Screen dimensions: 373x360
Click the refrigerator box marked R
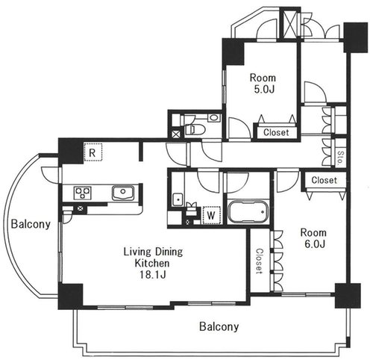93,152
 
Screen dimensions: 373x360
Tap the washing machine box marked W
211,215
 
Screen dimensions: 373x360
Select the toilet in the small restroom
194,129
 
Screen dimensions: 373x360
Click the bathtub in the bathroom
248,211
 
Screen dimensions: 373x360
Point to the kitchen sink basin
123,193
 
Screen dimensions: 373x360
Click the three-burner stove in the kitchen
83,193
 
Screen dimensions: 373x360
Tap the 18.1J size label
152,274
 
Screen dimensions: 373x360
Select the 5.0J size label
263,89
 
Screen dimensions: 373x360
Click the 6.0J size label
315,244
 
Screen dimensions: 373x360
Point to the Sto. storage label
340,158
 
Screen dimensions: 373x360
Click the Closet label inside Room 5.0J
276,132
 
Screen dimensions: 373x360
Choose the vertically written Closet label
260,261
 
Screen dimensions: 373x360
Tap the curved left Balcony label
31,224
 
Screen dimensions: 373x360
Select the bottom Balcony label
219,326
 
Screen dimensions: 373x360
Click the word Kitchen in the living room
152,263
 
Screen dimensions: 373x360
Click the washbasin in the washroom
178,199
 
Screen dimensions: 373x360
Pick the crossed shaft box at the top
290,25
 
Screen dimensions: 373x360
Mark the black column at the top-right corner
356,37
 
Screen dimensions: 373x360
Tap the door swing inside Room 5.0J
239,128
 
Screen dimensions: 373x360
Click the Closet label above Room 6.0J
324,180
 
